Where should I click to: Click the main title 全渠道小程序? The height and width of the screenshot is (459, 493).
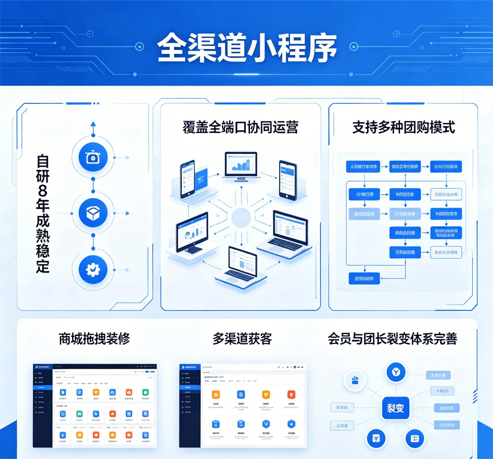click(x=247, y=48)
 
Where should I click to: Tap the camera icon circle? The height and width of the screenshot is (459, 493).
click(x=93, y=157)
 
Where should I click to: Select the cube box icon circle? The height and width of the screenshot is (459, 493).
click(x=93, y=213)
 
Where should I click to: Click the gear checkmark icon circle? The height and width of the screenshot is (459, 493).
click(x=93, y=269)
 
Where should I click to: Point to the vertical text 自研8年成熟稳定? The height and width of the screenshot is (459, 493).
click(x=43, y=213)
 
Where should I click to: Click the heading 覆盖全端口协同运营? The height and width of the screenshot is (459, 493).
click(x=240, y=127)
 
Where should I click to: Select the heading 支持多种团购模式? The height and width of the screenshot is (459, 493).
click(x=404, y=127)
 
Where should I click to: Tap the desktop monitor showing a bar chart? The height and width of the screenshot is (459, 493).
click(x=241, y=165)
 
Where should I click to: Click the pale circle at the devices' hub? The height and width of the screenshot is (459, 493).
click(x=241, y=218)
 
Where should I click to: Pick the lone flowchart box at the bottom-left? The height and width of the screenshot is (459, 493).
click(x=364, y=278)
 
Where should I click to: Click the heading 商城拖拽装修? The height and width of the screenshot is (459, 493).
click(x=94, y=339)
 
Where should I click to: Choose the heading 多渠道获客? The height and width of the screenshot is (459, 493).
click(x=242, y=339)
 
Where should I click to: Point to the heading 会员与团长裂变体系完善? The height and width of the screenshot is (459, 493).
click(x=392, y=339)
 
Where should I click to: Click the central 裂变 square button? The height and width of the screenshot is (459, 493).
click(x=395, y=408)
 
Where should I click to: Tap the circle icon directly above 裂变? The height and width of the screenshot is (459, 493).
click(x=396, y=372)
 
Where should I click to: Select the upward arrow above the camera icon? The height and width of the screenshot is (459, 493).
click(x=93, y=125)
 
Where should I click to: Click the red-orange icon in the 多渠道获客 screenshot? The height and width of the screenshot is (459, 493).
click(x=291, y=395)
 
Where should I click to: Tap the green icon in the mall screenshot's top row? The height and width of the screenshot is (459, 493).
click(x=145, y=393)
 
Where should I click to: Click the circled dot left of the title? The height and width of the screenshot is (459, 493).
click(x=139, y=47)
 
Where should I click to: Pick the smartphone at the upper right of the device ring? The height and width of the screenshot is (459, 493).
click(x=288, y=181)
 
